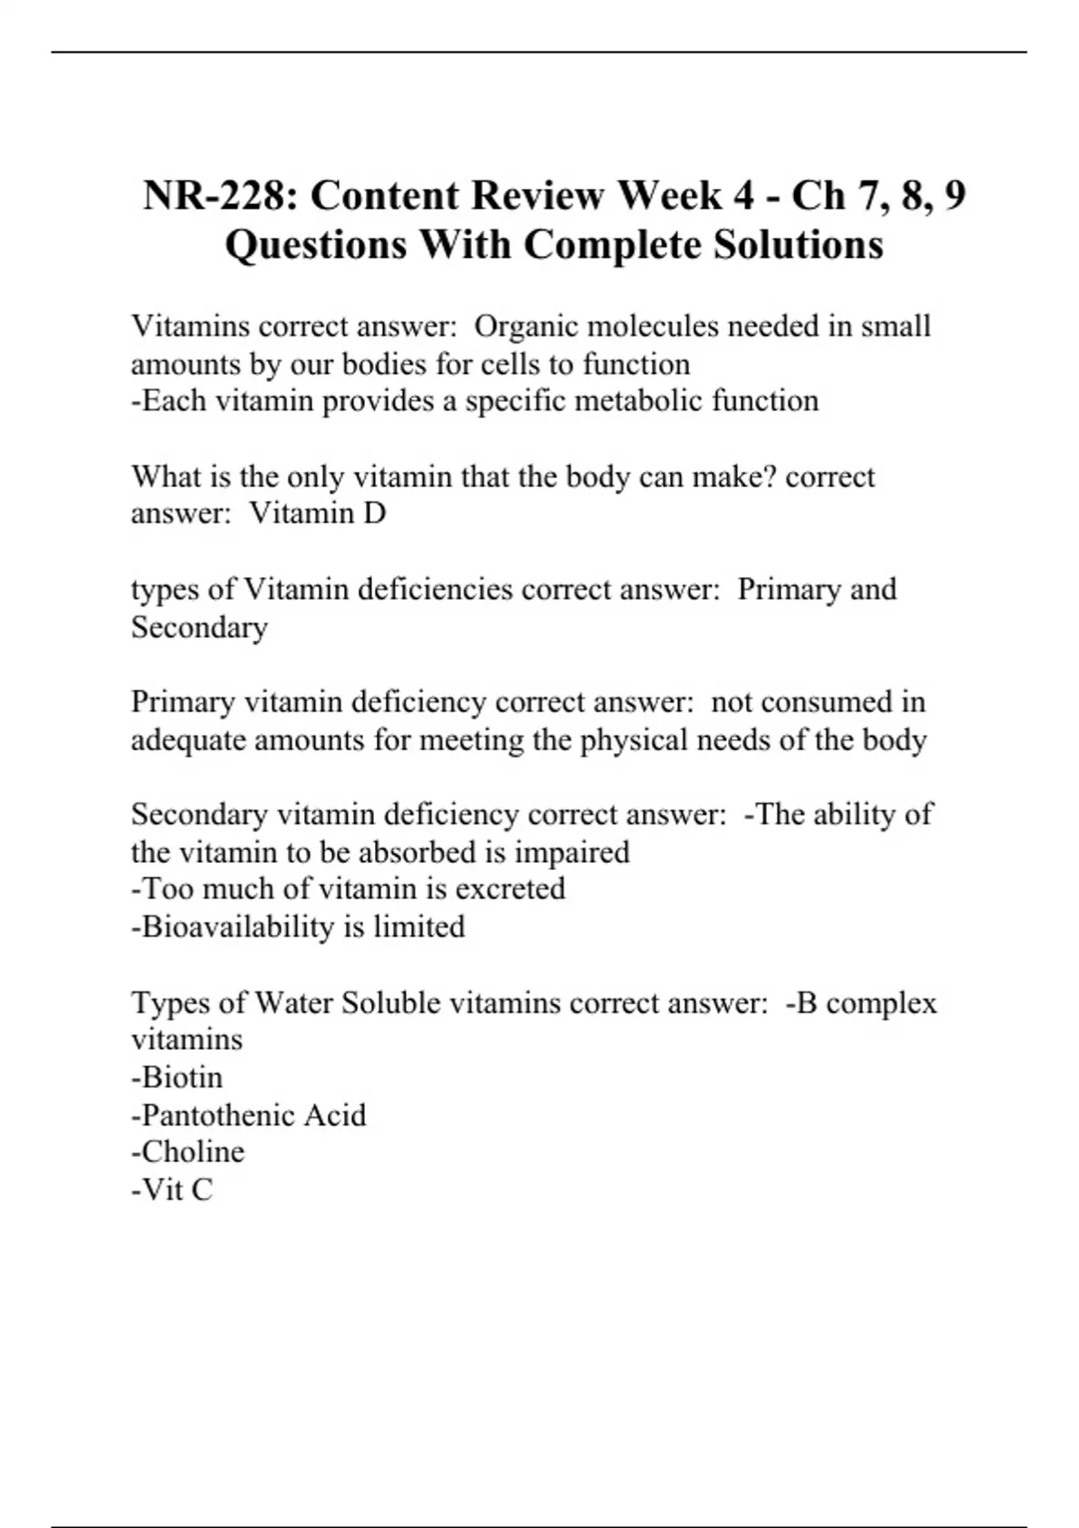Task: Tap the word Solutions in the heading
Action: (x=798, y=244)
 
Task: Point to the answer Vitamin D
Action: (x=317, y=513)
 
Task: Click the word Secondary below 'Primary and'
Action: (x=200, y=626)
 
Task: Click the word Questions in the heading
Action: (x=316, y=244)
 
